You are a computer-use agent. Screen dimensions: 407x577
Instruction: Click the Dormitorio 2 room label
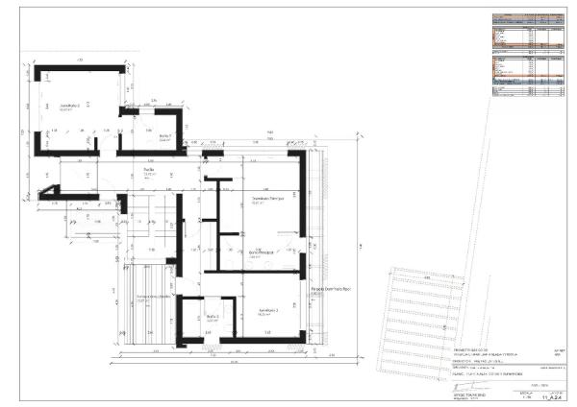69,106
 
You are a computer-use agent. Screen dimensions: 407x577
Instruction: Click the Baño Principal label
262,253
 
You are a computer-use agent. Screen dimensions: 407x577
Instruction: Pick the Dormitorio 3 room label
268,311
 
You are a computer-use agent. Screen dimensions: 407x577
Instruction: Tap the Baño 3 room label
211,317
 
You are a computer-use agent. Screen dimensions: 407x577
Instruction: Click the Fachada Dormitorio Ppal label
330,287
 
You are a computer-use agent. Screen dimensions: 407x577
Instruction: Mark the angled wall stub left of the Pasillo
48,197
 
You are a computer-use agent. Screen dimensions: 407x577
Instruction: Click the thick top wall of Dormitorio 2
81,69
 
